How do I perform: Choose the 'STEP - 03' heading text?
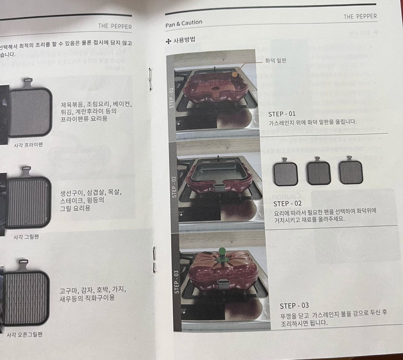tap(294, 305)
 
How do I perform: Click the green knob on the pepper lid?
tap(222, 250)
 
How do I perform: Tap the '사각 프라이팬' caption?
tap(28, 144)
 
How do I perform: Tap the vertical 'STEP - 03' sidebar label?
tap(176, 282)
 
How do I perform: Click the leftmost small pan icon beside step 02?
tap(285, 173)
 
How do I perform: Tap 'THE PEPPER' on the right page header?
tap(360, 17)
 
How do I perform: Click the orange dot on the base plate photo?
tap(234, 74)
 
